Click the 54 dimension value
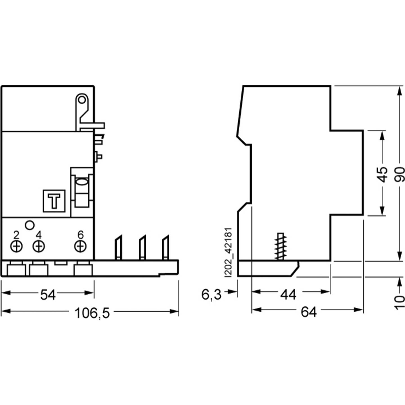coord(48,295)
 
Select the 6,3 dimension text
coord(211,294)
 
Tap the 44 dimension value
coord(288,294)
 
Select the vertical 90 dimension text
coord(400,174)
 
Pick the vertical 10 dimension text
coord(400,302)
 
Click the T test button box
coord(54,201)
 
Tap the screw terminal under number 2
coord(17,246)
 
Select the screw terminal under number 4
coord(39,246)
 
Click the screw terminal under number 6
coord(80,246)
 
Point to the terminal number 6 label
coord(80,234)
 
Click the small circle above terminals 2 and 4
coord(30,225)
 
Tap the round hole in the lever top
coord(82,100)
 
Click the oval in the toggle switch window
coord(82,182)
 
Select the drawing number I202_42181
coord(228,253)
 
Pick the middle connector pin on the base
coord(142,247)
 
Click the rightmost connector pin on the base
coord(166,247)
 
